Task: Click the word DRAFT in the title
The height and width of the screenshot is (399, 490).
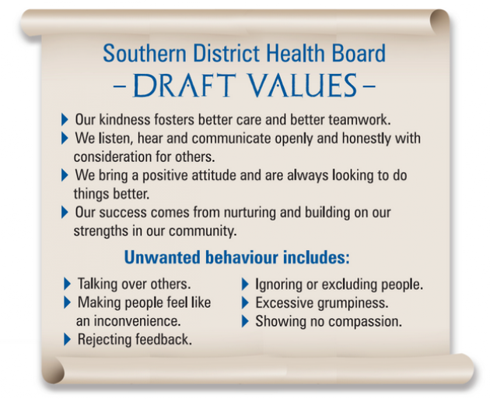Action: tap(184, 85)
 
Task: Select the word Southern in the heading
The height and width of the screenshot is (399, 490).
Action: tap(145, 53)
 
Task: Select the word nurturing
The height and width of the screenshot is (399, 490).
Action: tap(250, 213)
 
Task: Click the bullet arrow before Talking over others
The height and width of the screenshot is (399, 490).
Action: tap(67, 284)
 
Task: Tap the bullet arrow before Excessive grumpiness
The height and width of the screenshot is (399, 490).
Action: tap(245, 303)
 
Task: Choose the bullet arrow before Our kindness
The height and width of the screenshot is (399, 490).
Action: tap(65, 120)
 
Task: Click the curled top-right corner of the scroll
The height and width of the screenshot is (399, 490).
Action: tap(439, 21)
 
